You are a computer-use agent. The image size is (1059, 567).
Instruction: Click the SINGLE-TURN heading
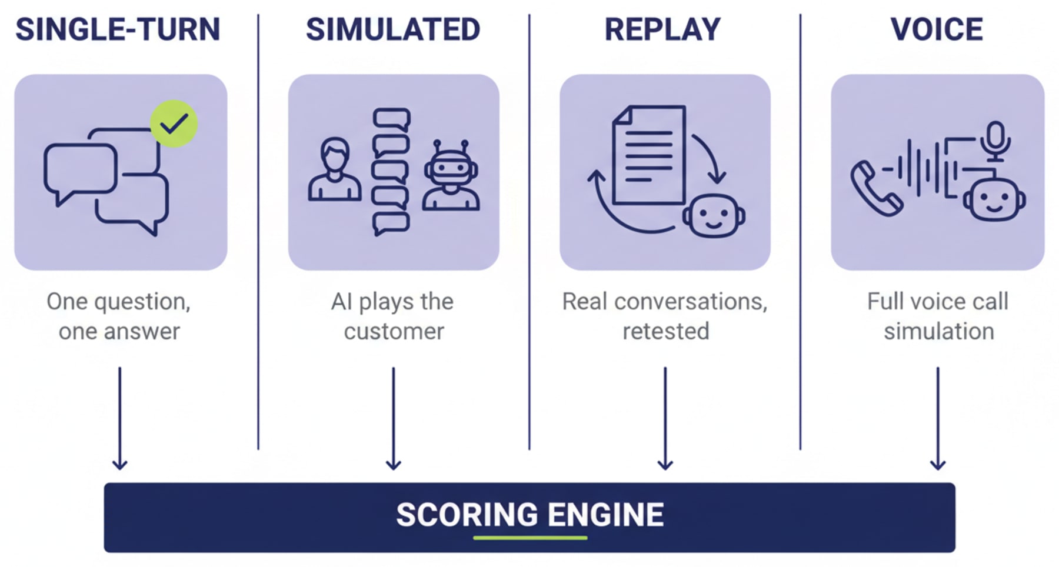pyautogui.click(x=118, y=29)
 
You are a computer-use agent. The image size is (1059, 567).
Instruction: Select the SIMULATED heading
pyautogui.click(x=392, y=29)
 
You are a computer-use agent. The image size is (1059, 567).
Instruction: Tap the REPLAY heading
pyautogui.click(x=662, y=29)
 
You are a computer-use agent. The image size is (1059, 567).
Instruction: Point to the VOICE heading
pyautogui.click(x=937, y=29)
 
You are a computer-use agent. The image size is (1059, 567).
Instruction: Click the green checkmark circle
pyautogui.click(x=174, y=124)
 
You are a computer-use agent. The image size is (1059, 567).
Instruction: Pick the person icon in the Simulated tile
pyautogui.click(x=334, y=171)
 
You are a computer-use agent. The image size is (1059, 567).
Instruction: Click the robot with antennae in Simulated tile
pyautogui.click(x=451, y=175)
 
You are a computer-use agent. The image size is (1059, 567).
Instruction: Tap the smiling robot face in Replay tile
pyautogui.click(x=713, y=216)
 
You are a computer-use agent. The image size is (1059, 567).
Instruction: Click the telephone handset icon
pyautogui.click(x=875, y=188)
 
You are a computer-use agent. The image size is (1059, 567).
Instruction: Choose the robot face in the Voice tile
pyautogui.click(x=994, y=200)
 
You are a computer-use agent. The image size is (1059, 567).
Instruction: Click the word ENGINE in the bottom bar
pyautogui.click(x=605, y=515)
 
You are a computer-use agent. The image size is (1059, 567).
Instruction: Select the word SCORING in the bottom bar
pyautogui.click(x=467, y=515)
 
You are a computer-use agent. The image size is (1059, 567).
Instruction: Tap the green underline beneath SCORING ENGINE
pyautogui.click(x=529, y=538)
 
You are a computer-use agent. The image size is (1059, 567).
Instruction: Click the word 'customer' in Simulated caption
pyautogui.click(x=394, y=331)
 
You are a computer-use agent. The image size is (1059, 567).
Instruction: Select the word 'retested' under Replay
pyautogui.click(x=665, y=331)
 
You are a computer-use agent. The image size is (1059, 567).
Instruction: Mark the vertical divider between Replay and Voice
pyautogui.click(x=800, y=235)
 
